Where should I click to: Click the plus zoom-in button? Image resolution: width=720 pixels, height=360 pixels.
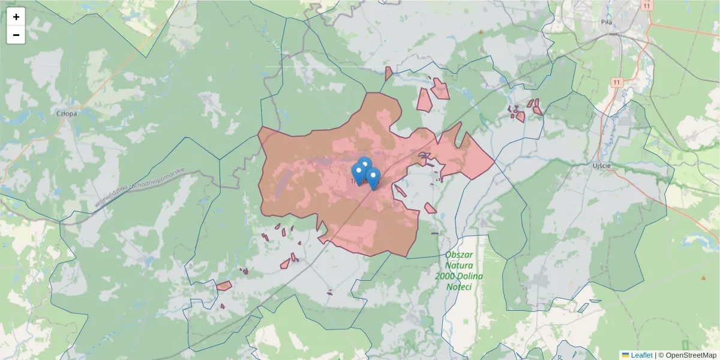(x=16, y=17)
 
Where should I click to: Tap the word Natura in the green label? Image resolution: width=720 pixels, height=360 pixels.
(x=460, y=265)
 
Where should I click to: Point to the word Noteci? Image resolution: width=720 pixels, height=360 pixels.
(x=460, y=287)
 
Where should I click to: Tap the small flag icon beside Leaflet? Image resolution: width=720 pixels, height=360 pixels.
(x=625, y=355)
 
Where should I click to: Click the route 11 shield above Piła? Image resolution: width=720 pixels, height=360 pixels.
(x=646, y=5)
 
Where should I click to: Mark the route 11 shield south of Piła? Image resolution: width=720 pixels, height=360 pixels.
(x=616, y=82)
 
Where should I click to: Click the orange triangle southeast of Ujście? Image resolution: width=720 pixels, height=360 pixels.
(x=703, y=278)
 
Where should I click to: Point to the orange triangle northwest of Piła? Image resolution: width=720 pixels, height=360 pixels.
(x=481, y=32)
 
